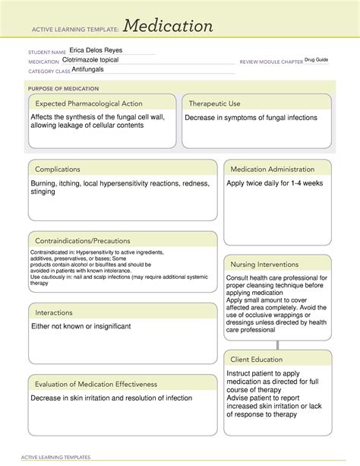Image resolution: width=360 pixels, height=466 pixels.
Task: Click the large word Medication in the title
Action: pyautogui.click(x=169, y=27)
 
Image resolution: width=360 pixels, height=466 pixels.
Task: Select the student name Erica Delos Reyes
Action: pyautogui.click(x=96, y=50)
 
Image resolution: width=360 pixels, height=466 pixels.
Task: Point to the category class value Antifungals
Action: pyautogui.click(x=83, y=69)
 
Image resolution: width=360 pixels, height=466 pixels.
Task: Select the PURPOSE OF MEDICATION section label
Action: pyautogui.click(x=62, y=87)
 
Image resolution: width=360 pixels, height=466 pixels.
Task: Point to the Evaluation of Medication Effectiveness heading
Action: pyautogui.click(x=99, y=384)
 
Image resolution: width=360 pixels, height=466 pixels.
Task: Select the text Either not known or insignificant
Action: pyautogui.click(x=81, y=326)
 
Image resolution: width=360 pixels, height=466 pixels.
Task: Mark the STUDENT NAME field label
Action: pyautogui.click(x=46, y=52)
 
